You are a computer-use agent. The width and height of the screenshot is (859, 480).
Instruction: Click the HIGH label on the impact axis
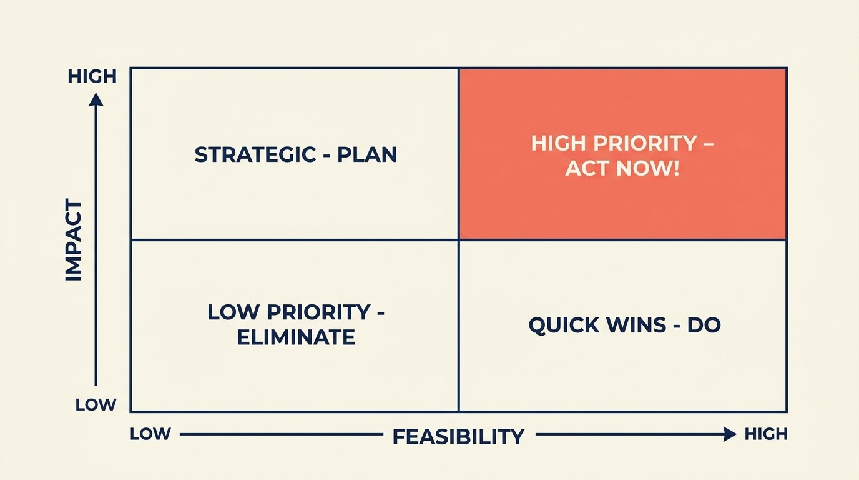[92, 76]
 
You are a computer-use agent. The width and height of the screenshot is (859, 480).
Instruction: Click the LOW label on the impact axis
[96, 405]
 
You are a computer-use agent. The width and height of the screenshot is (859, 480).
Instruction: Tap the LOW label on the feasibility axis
[150, 434]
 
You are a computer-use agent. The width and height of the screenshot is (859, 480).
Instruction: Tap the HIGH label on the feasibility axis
[766, 434]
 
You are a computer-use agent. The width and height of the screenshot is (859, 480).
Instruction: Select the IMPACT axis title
[74, 241]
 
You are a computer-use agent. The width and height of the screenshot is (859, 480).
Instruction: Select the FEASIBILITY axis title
[458, 436]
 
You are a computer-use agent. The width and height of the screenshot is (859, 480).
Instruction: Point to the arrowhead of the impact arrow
[96, 99]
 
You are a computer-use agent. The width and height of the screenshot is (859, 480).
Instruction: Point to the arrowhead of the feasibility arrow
[730, 434]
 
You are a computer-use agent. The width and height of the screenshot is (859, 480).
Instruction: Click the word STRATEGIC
[255, 154]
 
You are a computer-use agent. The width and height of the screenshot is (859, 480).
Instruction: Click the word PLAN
[367, 154]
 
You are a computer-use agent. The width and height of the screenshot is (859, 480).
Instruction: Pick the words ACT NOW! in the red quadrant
[622, 168]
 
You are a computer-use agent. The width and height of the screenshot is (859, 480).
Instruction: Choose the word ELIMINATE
[296, 337]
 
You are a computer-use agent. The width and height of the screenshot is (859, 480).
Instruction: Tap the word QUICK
[561, 325]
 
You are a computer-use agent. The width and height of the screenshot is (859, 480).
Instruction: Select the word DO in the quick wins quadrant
[704, 325]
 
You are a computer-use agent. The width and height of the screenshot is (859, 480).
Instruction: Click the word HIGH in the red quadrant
[557, 143]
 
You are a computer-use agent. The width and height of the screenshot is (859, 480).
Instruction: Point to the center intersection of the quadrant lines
[459, 239]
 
